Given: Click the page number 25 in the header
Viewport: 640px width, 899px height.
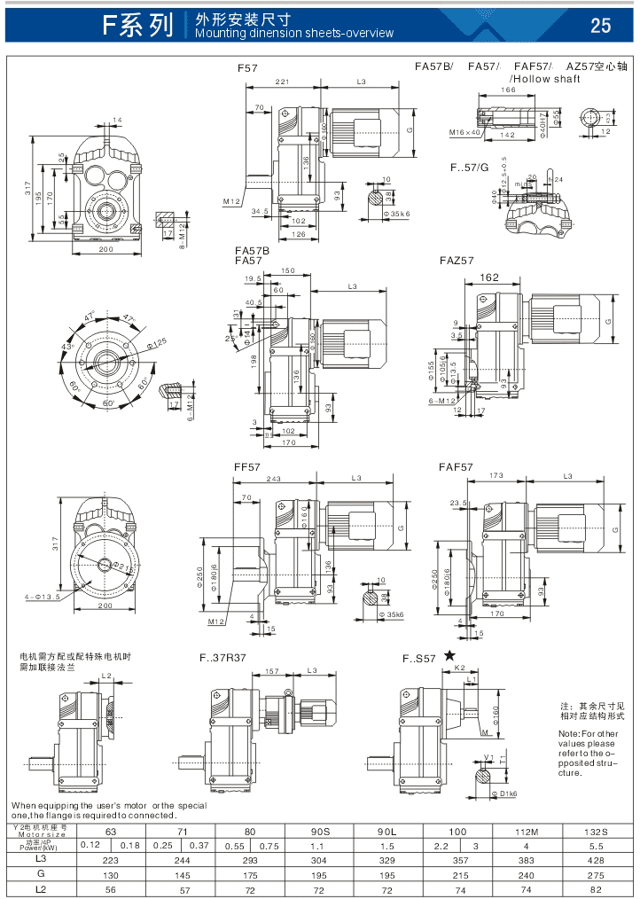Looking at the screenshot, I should pyautogui.click(x=600, y=25).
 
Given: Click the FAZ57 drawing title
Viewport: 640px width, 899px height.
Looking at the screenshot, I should pyautogui.click(x=457, y=261).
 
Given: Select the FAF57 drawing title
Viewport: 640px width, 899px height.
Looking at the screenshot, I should pyautogui.click(x=456, y=466).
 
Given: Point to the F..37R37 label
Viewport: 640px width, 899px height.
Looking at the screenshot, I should pyautogui.click(x=222, y=659).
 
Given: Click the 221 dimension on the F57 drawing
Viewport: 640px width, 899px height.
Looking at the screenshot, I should pyautogui.click(x=281, y=81).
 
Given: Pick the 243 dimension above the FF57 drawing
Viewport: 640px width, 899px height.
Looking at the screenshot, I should pyautogui.click(x=274, y=479).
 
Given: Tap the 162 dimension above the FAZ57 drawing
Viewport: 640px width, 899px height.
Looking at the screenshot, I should pyautogui.click(x=488, y=278).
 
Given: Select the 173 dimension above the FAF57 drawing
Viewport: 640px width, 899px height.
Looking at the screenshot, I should pyautogui.click(x=496, y=476).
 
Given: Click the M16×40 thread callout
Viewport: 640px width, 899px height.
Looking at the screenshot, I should pyautogui.click(x=464, y=132).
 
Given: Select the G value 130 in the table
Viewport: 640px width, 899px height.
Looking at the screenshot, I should pyautogui.click(x=110, y=874).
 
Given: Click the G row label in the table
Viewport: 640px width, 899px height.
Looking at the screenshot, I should pyautogui.click(x=41, y=874).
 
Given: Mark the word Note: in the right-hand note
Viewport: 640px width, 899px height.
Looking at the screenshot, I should pyautogui.click(x=570, y=734).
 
